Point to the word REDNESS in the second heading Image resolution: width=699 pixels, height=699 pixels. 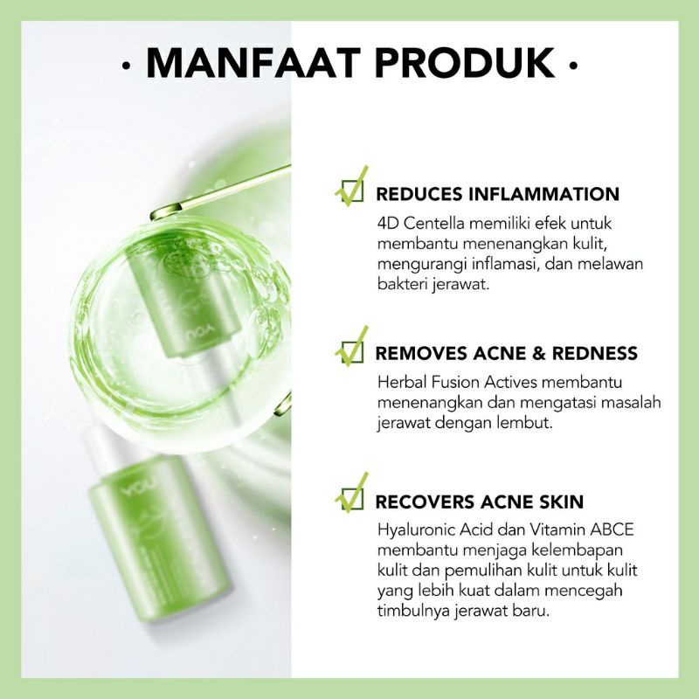(592, 354)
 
